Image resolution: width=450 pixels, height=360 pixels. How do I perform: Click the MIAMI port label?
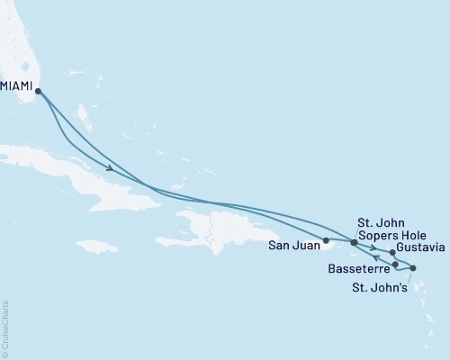18,86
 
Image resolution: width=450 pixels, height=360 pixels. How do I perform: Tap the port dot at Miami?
38,90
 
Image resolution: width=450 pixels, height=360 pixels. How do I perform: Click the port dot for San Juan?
326,240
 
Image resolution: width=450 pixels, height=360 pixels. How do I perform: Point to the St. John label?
381,221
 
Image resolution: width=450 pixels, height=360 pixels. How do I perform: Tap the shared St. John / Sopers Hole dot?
354,242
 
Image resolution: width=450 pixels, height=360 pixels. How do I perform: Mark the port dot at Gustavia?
393,253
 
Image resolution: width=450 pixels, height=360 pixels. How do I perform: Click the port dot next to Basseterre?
396,265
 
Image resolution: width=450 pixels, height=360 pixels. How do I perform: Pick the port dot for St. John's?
413,268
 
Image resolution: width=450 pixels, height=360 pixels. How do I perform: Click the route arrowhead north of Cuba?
110,168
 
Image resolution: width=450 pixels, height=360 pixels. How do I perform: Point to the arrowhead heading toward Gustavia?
372,245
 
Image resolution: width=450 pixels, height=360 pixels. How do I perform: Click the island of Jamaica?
97,245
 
